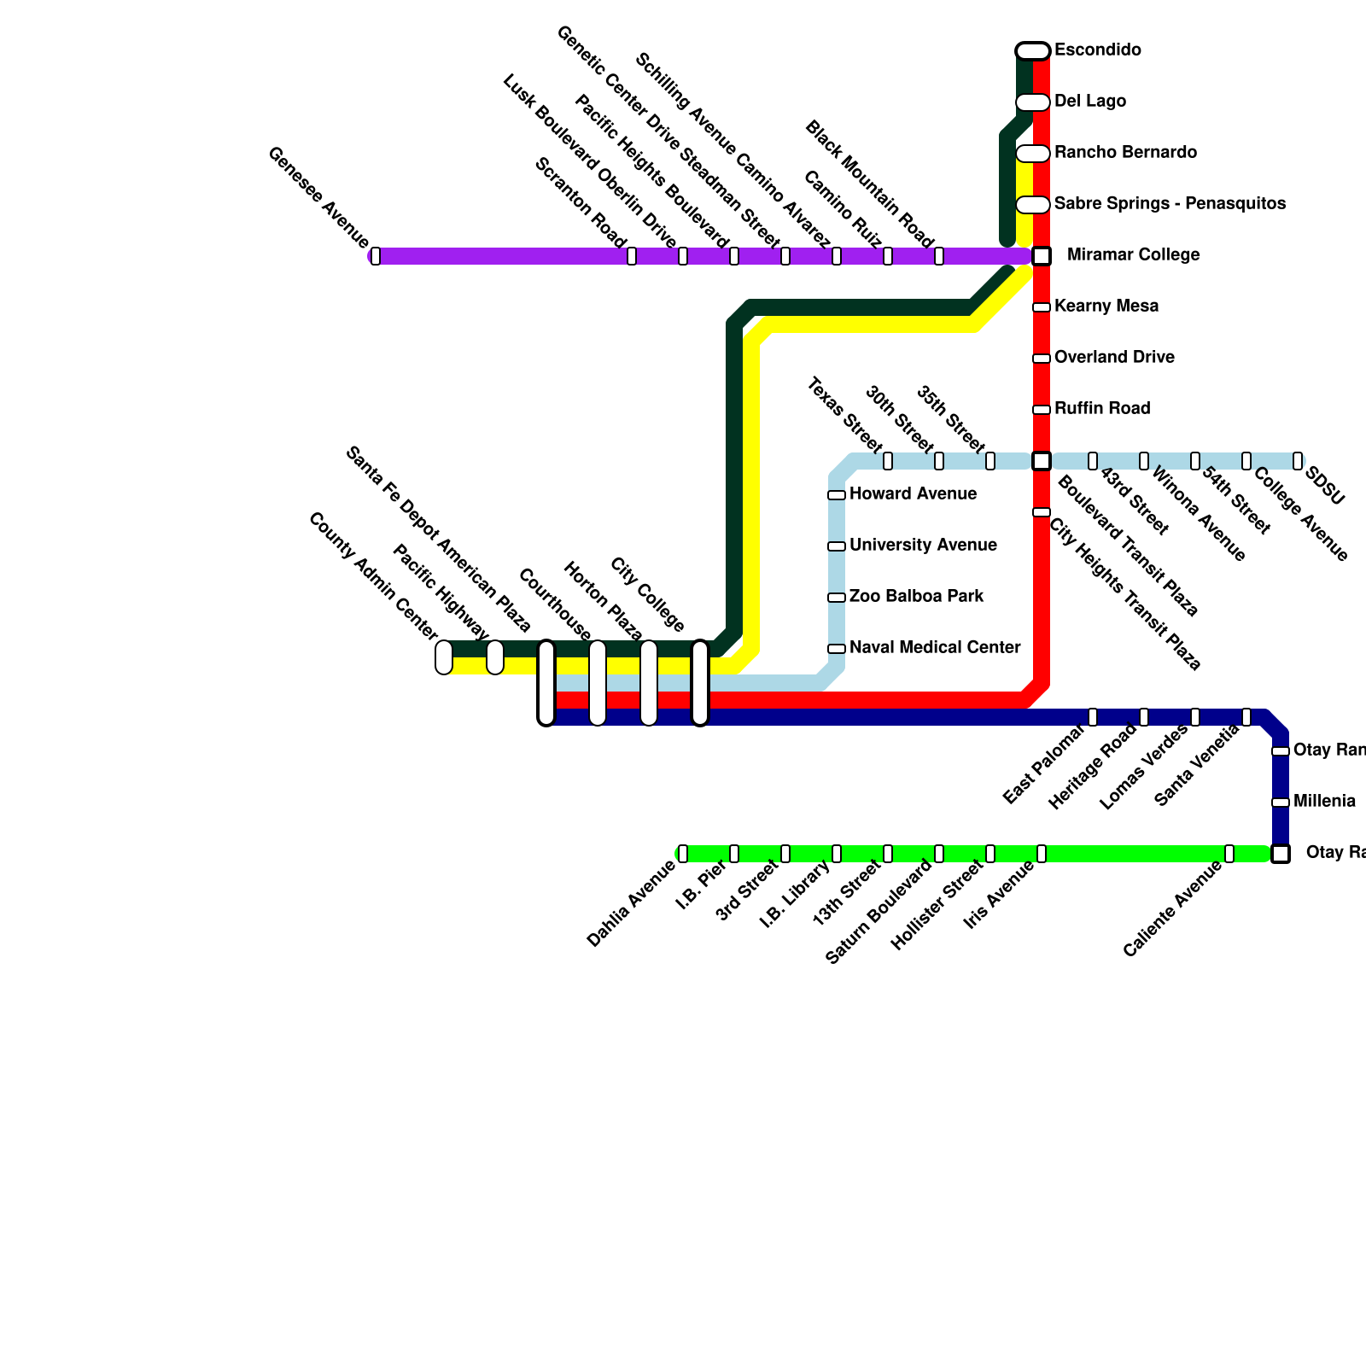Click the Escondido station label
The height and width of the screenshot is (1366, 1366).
[1097, 50]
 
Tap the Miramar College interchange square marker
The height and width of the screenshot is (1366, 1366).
[1041, 255]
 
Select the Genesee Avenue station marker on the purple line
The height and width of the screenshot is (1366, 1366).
[376, 255]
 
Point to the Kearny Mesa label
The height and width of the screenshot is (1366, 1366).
[1106, 306]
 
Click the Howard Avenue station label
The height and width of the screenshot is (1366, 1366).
[913, 494]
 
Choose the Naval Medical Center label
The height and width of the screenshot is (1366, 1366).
[935, 648]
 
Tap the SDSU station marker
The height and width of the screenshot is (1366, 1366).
[1298, 461]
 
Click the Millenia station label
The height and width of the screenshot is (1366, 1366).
[1324, 802]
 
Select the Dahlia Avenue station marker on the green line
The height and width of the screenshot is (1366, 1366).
[683, 853]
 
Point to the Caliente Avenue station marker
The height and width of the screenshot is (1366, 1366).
[1229, 853]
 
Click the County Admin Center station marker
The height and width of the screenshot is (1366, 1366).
[444, 657]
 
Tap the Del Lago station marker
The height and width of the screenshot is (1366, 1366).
[1033, 102]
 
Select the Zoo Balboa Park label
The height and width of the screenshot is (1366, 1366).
[916, 597]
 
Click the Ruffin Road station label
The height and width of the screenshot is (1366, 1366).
[1102, 409]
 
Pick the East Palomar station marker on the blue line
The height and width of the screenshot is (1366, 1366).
[1093, 717]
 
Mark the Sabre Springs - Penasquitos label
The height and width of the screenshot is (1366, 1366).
[1170, 204]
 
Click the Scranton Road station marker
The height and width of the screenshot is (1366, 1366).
[632, 255]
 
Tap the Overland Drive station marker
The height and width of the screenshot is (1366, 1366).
[1041, 359]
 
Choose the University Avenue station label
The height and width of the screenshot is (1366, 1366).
[923, 546]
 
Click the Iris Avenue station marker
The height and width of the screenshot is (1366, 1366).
[1042, 853]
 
